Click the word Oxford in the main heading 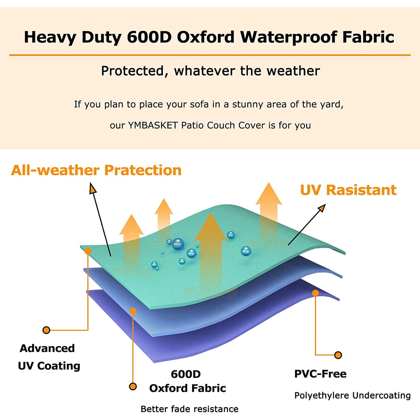206,37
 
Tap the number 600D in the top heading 149,37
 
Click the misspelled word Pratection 143,170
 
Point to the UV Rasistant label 348,190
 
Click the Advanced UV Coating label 49,357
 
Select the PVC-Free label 320,374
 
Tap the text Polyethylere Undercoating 352,395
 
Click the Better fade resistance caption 190,409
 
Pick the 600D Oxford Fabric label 187,381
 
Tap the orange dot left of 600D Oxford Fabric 133,386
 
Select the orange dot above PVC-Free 338,355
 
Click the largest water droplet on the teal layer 178,244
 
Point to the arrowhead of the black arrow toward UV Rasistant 322,208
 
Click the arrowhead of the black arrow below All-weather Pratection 93,188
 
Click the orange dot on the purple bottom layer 316,293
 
